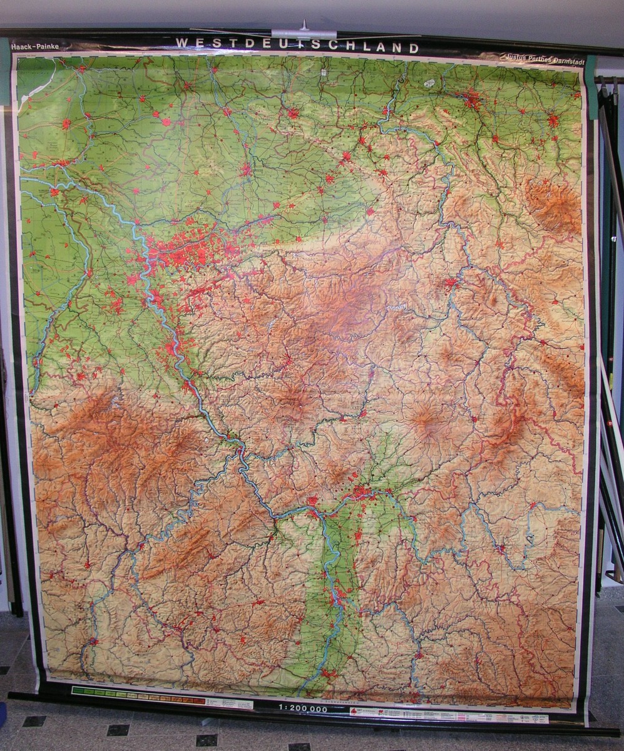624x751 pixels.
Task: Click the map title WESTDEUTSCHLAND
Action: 297,46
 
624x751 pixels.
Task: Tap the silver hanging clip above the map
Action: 304,32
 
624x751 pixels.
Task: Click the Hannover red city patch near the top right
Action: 471,100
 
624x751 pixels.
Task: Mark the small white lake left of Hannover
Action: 429,83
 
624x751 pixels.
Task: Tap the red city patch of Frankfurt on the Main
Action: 360,493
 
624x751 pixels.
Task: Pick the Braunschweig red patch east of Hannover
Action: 553,119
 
